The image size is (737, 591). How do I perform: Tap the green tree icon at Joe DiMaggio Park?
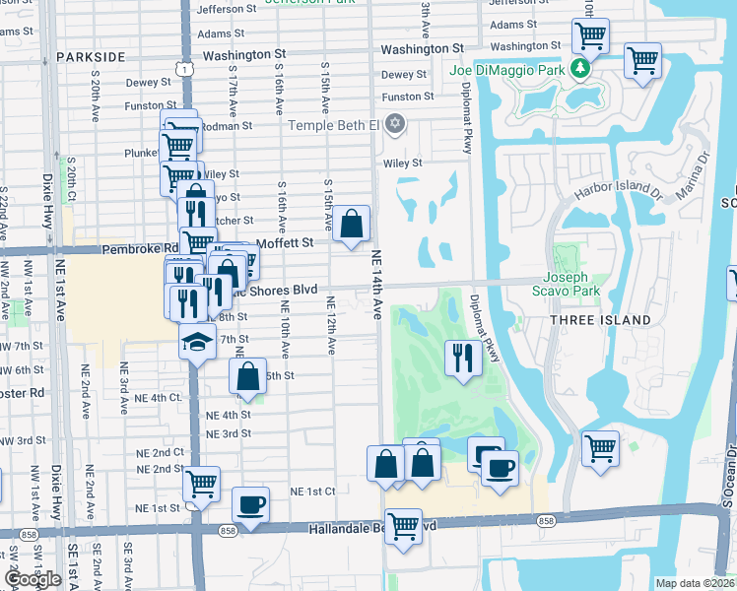(581, 68)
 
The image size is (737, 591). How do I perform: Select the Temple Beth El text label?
(333, 125)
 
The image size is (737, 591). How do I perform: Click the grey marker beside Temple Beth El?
(395, 123)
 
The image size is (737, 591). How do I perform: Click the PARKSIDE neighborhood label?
(91, 57)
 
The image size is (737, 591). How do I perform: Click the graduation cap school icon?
(196, 342)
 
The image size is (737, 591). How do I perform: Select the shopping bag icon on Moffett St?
(351, 224)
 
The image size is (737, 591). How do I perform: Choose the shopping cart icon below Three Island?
(600, 448)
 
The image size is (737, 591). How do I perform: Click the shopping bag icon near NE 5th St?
(247, 375)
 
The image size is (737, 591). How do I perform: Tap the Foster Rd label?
(23, 391)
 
